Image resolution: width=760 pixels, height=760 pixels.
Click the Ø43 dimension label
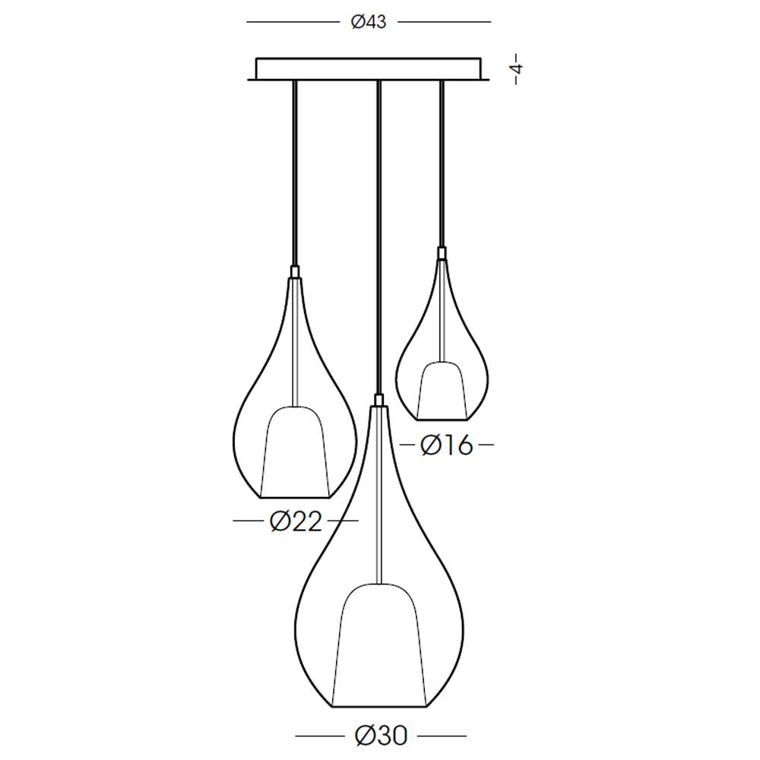(x=369, y=22)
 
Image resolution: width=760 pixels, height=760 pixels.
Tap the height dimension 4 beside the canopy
(x=518, y=68)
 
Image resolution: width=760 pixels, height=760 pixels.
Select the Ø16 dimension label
(x=446, y=445)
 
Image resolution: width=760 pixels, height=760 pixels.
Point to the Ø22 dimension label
(x=296, y=521)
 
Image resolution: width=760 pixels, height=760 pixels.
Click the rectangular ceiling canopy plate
(x=369, y=69)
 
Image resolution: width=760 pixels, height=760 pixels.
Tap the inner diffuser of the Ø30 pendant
(x=380, y=645)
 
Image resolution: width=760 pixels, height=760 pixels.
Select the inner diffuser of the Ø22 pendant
(x=296, y=451)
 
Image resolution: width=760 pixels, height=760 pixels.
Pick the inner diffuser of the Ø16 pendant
(x=442, y=390)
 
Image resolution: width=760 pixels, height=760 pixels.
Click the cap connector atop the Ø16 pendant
(x=442, y=253)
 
